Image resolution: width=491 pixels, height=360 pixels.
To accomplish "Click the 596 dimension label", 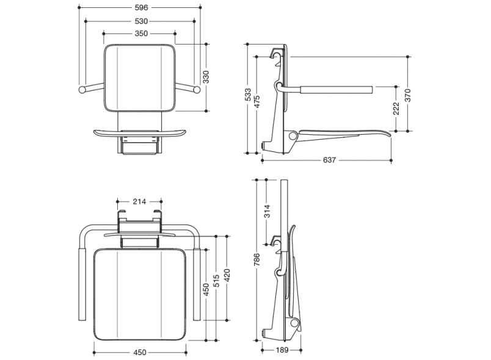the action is [141, 7].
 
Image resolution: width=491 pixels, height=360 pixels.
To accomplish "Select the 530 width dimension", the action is [141, 21].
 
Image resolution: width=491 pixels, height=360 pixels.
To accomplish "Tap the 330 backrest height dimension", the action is [206, 77].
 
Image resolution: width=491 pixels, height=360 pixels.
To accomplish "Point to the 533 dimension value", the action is [248, 95].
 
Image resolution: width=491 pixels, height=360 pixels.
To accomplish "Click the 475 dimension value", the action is [257, 102].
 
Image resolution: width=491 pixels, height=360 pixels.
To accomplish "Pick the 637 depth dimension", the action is [329, 160].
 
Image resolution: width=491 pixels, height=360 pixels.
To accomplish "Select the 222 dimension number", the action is [396, 109].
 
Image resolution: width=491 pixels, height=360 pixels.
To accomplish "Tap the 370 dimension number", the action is [408, 95].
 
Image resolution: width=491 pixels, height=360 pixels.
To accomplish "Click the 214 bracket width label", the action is [139, 201].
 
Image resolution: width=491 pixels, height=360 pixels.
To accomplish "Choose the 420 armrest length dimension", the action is [228, 275].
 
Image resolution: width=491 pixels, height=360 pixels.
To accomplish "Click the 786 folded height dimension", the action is [256, 259].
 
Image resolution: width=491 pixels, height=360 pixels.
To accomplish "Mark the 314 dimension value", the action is [266, 212].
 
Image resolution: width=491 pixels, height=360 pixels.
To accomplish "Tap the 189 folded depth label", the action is [282, 350].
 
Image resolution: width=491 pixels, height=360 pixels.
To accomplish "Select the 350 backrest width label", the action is [141, 34].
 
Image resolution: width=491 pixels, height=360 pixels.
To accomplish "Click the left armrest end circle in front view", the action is [82, 90].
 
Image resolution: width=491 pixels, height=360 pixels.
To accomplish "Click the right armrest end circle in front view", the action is [197, 90].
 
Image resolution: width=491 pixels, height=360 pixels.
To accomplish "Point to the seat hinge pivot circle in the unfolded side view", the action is [293, 135].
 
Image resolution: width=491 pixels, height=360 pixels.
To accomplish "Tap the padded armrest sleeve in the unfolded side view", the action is [336, 90].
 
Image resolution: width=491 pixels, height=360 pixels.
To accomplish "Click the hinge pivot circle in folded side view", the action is [294, 323].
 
